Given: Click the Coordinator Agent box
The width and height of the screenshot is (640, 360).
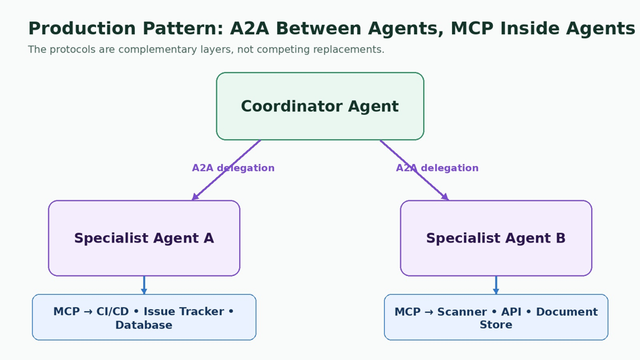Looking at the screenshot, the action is (x=320, y=106).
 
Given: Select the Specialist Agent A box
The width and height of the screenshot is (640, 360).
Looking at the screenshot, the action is (x=144, y=238).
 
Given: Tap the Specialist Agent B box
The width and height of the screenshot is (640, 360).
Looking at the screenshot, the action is (x=496, y=238).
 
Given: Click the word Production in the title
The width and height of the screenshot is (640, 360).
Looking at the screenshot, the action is (x=82, y=29).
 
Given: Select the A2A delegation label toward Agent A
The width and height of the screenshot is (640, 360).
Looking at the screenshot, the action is (x=233, y=168).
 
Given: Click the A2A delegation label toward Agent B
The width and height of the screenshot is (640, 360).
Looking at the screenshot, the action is (x=437, y=168).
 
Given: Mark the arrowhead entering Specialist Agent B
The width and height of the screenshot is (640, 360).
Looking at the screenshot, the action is (x=445, y=197).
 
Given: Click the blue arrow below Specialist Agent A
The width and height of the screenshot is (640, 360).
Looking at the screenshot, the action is (x=144, y=285).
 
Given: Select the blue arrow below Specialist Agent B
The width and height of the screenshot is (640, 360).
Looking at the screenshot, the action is (x=496, y=285).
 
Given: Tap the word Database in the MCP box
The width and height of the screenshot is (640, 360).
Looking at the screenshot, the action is (x=144, y=325).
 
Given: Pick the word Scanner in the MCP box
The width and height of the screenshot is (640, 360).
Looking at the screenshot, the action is (x=462, y=312).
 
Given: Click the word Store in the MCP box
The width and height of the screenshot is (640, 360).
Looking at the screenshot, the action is (x=496, y=325).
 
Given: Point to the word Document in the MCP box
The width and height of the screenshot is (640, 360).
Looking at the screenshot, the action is (x=567, y=312).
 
